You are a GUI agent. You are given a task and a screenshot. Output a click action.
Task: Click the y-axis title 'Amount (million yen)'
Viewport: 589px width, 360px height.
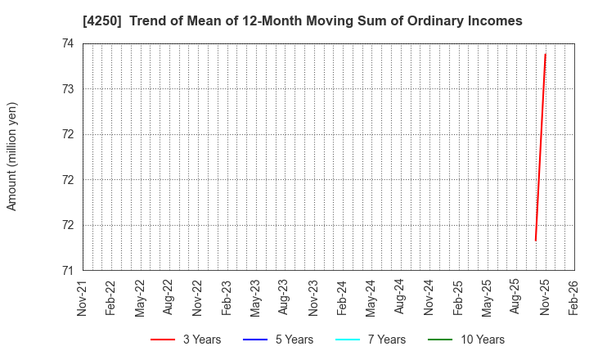[12, 156]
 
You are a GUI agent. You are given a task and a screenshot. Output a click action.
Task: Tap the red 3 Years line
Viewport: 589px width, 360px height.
[540, 147]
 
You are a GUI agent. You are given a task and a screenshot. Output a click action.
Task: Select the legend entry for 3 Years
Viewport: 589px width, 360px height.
[186, 340]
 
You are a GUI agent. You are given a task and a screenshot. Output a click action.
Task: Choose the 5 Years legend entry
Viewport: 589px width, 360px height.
[277, 340]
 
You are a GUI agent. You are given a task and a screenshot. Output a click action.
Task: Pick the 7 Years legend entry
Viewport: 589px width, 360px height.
[371, 340]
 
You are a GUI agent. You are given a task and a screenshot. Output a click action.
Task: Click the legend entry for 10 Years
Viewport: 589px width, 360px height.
[466, 340]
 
